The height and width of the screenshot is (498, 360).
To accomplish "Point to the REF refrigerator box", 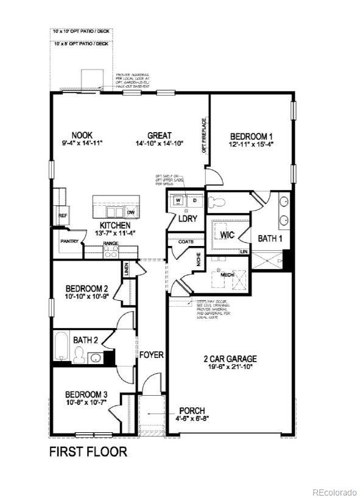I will pos(62,216).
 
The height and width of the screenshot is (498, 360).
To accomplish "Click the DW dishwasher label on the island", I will pos(130,212).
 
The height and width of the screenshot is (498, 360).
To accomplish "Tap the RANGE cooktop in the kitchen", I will pos(110,252).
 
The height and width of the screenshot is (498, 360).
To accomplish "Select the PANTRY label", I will pos(68,241).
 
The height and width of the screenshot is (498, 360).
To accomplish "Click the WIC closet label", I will pos(228,234).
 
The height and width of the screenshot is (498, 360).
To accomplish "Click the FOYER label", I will pos(151,354).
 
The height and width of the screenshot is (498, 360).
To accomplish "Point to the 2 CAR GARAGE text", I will pos(230,359).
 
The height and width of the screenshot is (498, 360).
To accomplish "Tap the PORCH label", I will pos(192,410).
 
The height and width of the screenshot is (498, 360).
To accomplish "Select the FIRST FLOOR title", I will pos(88,452).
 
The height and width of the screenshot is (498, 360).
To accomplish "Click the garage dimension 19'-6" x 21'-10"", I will pos(230,367).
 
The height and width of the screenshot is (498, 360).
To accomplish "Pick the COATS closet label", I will pos(186,242).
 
